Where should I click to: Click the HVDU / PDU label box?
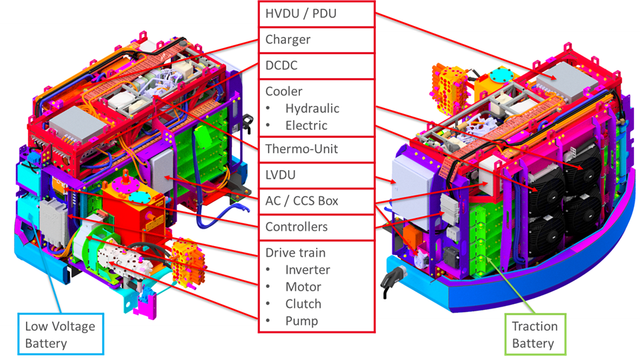pyautogui.click(x=317, y=14)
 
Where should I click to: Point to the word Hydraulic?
pyautogui.click(x=312, y=109)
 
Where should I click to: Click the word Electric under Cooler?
pyautogui.click(x=306, y=125)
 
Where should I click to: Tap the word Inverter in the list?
pyautogui.click(x=308, y=270)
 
